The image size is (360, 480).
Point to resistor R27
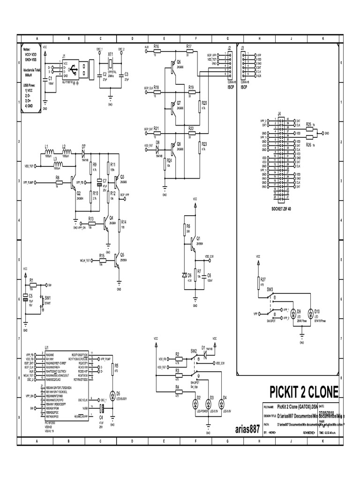coord(257,283)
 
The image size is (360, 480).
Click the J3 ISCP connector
coord(244,66)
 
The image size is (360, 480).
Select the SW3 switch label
coord(270,290)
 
